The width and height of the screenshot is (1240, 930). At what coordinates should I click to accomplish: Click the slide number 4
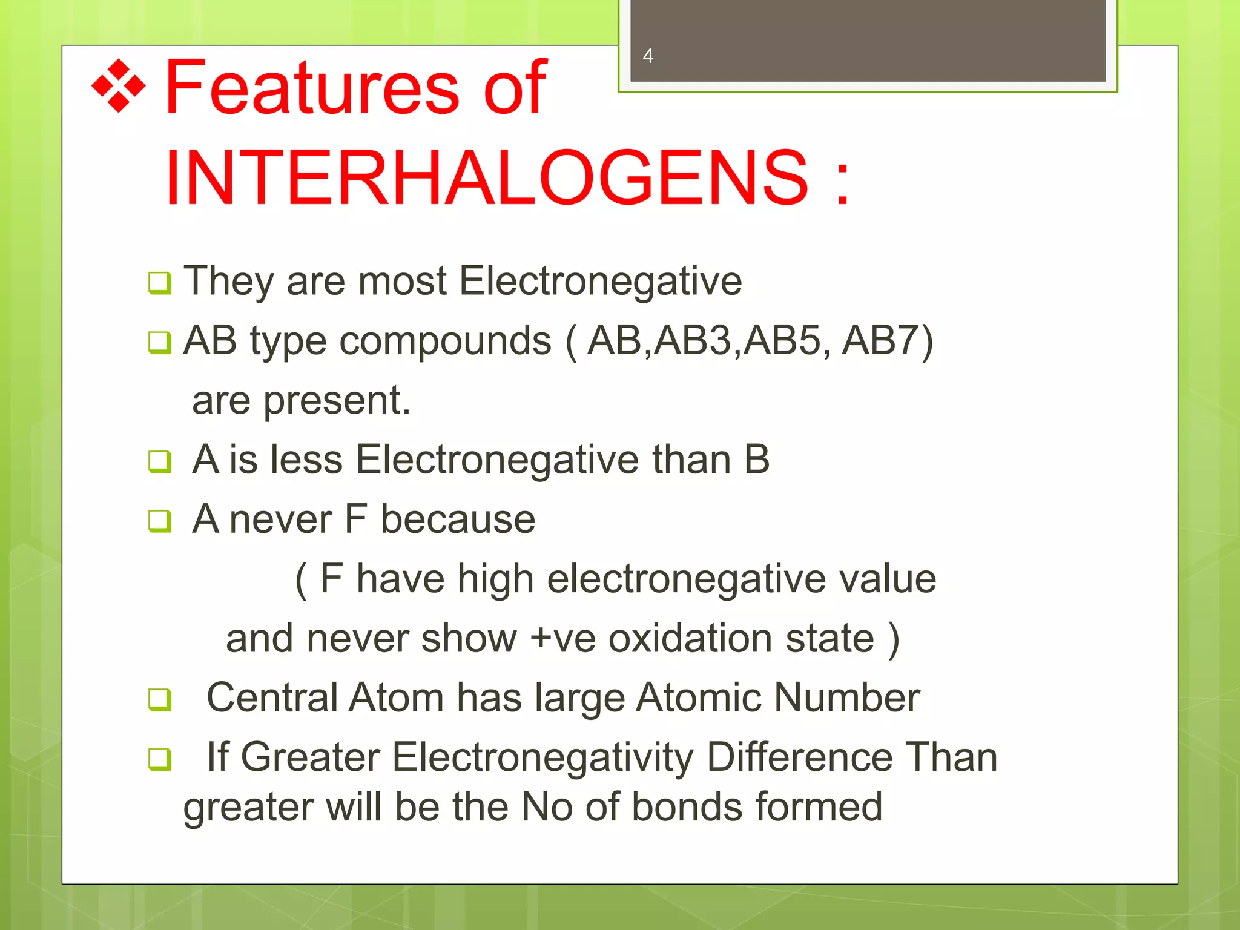coord(648,56)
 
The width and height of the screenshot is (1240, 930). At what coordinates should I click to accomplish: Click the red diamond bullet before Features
coord(119,87)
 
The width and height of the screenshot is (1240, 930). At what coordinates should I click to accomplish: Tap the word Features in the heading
coord(312,88)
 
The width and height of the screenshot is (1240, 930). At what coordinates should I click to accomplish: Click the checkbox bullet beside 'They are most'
coord(159,283)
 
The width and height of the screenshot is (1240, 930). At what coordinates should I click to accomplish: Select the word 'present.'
coord(337,401)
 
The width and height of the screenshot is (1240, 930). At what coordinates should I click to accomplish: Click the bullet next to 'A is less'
coord(159,461)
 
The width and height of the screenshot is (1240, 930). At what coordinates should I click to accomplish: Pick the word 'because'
coord(458,519)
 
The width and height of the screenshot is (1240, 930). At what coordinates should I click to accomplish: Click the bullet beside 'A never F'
coord(159,521)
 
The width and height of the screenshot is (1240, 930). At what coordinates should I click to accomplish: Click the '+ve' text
coord(562,639)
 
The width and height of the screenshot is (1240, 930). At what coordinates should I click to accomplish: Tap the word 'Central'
coord(272,698)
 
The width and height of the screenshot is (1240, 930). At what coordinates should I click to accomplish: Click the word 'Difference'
coord(799,757)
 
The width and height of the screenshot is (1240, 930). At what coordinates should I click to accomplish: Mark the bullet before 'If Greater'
coord(159,759)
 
